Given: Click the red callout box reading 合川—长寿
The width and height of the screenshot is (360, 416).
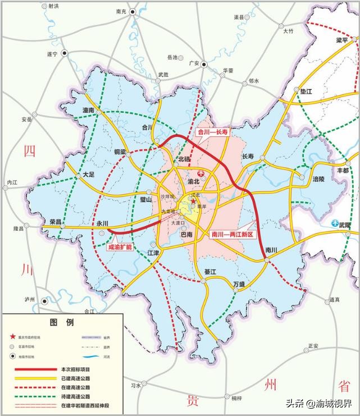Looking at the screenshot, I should click(x=212, y=132).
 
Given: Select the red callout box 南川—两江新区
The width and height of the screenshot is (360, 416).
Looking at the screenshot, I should click(x=233, y=233).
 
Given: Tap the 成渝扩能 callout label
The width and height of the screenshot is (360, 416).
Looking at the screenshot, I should click(x=119, y=246).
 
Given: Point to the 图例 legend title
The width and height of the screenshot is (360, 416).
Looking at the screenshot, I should click(x=62, y=323).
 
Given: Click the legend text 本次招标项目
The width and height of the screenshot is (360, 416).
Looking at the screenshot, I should click(x=75, y=369).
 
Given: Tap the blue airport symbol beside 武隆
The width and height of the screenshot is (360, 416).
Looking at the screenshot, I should click(x=335, y=223).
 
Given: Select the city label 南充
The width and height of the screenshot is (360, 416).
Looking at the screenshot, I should click(x=121, y=11).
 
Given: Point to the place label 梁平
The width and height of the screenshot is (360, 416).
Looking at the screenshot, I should click(x=342, y=40).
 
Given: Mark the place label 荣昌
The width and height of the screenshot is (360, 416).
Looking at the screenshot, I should click(x=56, y=221).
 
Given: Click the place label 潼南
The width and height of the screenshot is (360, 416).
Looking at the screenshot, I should click(x=88, y=110).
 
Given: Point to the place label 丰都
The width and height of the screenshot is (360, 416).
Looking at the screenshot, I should click(x=342, y=170).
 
